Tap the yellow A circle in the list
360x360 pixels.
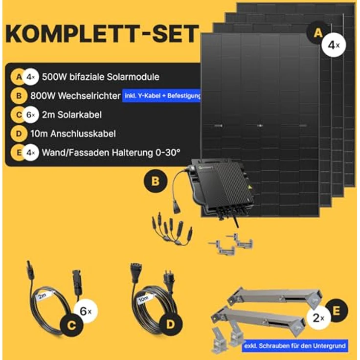click(x=19, y=77)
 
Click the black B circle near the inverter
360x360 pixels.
click(x=155, y=181)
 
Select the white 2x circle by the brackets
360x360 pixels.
click(x=318, y=318)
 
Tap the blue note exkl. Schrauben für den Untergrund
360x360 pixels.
click(x=295, y=346)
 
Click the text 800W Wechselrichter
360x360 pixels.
click(x=82, y=96)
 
